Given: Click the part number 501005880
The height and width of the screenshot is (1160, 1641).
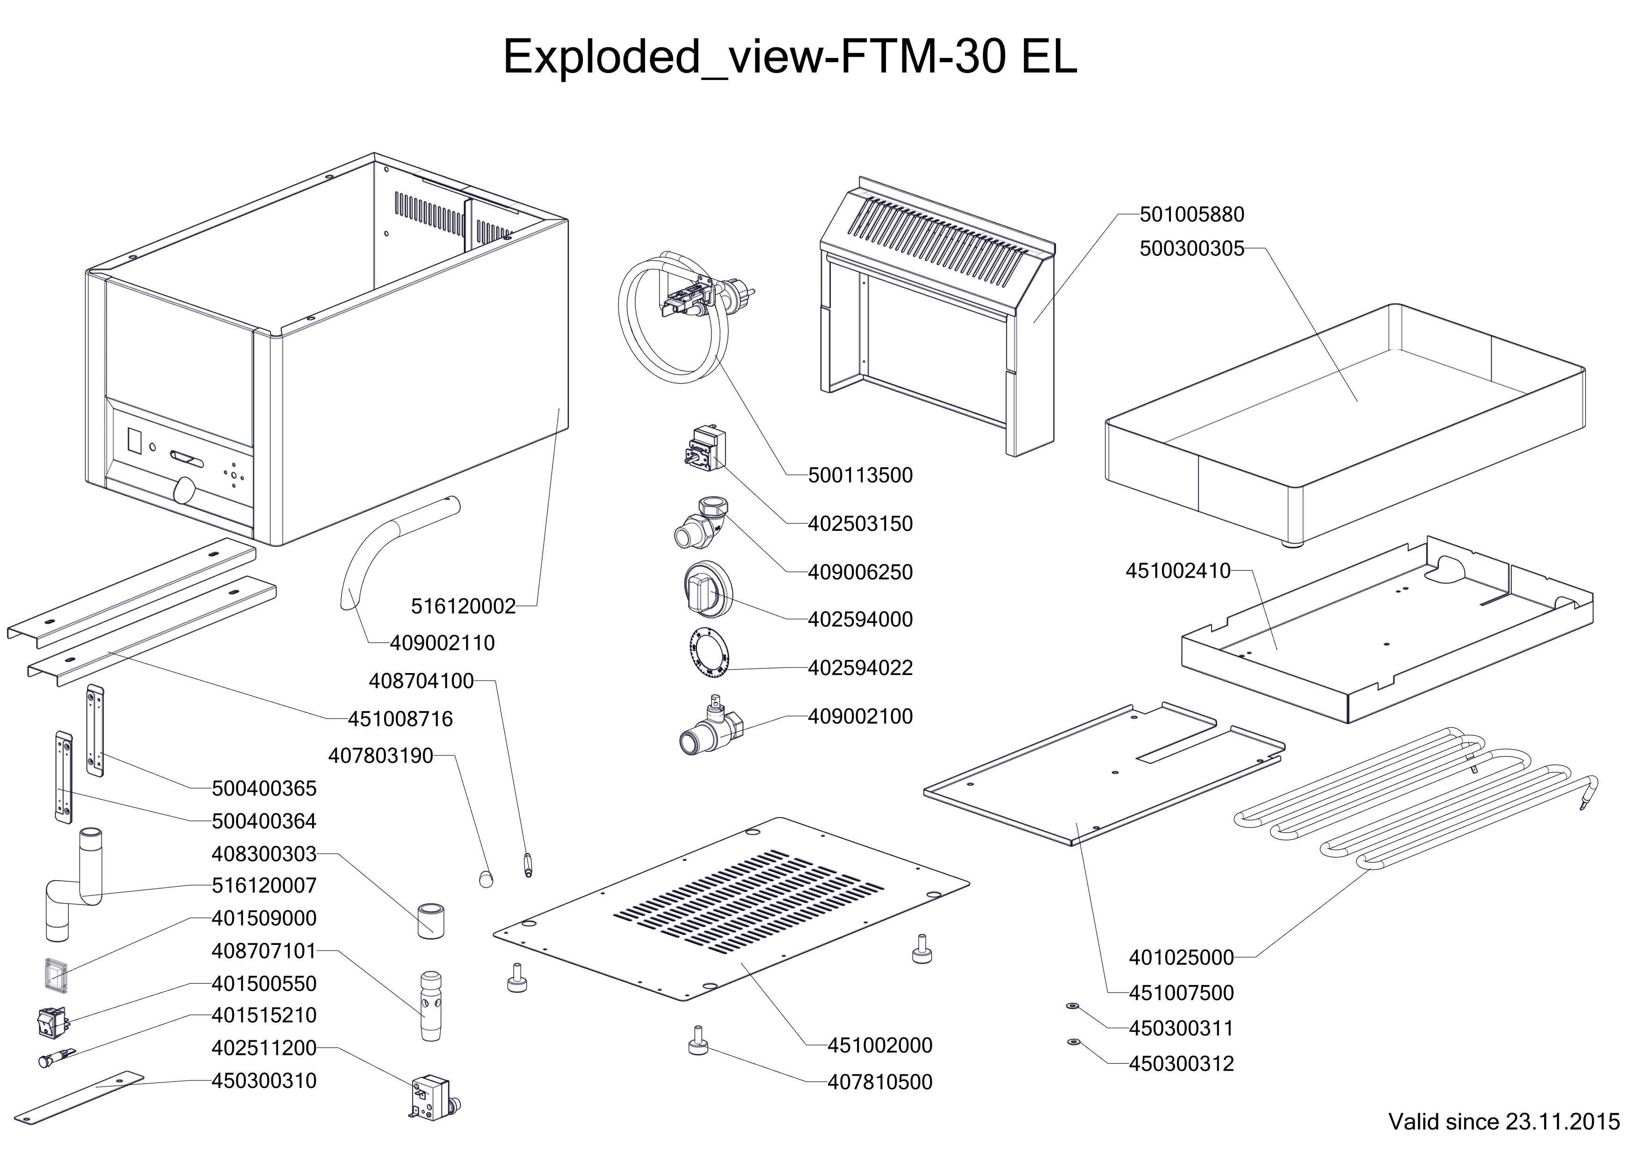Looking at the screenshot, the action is tap(1191, 214).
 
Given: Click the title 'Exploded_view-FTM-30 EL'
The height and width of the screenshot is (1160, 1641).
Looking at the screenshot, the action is tap(790, 57).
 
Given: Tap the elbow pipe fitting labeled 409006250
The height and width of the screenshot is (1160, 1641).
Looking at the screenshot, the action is tap(702, 521).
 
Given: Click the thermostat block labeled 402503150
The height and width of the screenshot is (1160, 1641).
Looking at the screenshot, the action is tap(702, 446).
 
